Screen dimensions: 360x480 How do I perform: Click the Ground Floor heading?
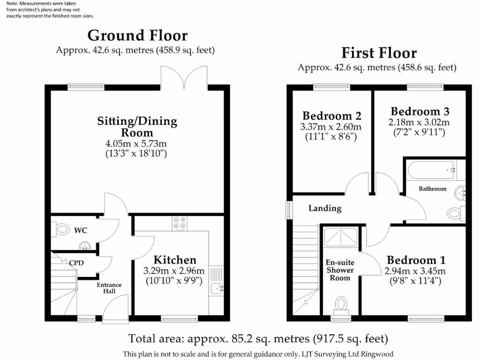(x=137, y=36)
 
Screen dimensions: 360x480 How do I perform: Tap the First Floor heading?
(x=379, y=52)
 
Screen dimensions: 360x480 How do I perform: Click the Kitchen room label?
(x=175, y=260)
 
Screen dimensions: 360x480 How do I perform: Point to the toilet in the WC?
(x=60, y=229)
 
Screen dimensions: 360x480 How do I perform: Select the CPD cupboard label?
(x=76, y=263)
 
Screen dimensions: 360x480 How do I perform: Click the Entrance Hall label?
(x=109, y=288)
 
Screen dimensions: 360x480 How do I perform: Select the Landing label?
(x=324, y=208)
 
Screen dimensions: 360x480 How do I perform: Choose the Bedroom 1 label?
(x=416, y=260)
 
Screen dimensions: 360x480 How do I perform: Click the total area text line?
(x=258, y=338)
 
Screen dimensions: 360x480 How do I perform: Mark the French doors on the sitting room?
(x=184, y=77)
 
